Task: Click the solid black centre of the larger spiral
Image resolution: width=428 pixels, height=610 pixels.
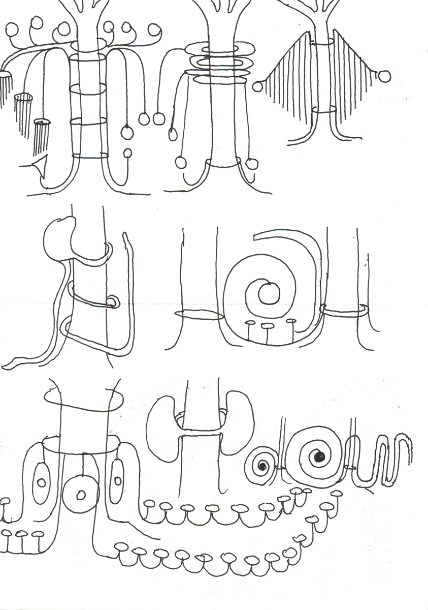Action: pos(319,457)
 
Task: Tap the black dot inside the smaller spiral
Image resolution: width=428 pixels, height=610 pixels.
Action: pos(262,466)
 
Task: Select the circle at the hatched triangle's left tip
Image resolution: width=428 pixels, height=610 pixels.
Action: pos(257,86)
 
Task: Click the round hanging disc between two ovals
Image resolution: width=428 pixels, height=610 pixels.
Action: pos(80,494)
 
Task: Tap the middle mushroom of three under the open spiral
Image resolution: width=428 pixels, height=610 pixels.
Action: pos(268,326)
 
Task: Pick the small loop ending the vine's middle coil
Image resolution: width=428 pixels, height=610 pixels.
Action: pos(113,303)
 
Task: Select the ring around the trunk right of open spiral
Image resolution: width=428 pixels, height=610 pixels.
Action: pos(345,309)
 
